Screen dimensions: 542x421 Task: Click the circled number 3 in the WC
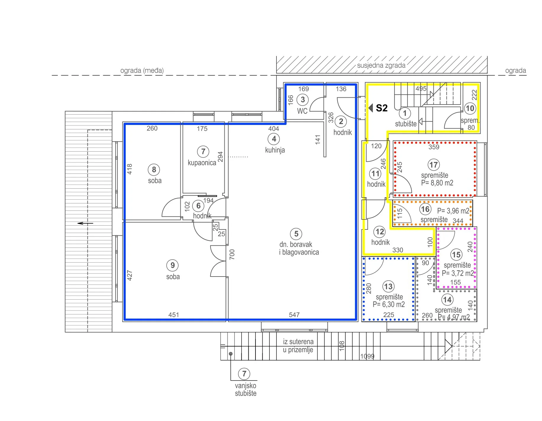coord(302,100)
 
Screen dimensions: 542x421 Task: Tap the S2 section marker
coord(378,108)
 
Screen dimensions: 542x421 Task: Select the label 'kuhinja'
coord(275,150)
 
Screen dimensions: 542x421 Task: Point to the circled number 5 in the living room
coord(296,234)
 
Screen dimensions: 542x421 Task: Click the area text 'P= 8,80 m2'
coord(437,183)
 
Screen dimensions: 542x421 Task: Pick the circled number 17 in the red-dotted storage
coord(433,165)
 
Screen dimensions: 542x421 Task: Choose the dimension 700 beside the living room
coord(232,254)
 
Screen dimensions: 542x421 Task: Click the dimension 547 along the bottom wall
coord(294,315)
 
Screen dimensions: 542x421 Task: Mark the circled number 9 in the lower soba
coord(173,265)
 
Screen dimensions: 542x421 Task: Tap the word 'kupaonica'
coord(202,163)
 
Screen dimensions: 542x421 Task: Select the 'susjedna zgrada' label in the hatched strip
coord(381,65)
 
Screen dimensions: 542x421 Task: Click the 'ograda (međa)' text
coord(142,70)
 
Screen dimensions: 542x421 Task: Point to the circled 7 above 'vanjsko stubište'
coord(244,374)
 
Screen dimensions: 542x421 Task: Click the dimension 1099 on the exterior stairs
coord(367,356)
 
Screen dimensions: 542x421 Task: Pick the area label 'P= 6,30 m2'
coord(389,304)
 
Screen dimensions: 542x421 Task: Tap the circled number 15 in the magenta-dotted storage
coord(456,255)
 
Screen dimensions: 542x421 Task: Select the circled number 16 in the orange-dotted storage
coord(425,209)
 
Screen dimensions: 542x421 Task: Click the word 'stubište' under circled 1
coord(406,124)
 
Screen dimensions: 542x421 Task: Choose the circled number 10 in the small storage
coord(470,108)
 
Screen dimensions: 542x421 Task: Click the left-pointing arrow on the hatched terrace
coord(85,223)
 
